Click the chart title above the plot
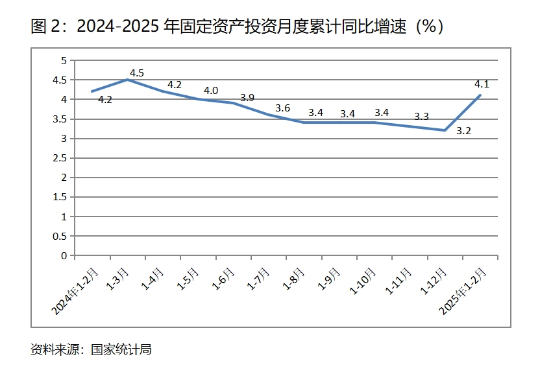point(237,27)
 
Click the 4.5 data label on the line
point(137,72)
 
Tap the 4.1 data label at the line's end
point(482,84)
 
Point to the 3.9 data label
point(247,98)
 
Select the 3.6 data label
point(282,108)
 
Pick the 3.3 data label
point(421,117)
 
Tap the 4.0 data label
point(211,91)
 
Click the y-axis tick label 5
point(64,60)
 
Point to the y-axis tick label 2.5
point(60,158)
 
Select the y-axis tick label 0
point(64,255)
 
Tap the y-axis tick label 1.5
point(60,197)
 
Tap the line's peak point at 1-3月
point(127,80)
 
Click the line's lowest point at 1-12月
point(445,130)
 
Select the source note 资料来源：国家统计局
point(91,349)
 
